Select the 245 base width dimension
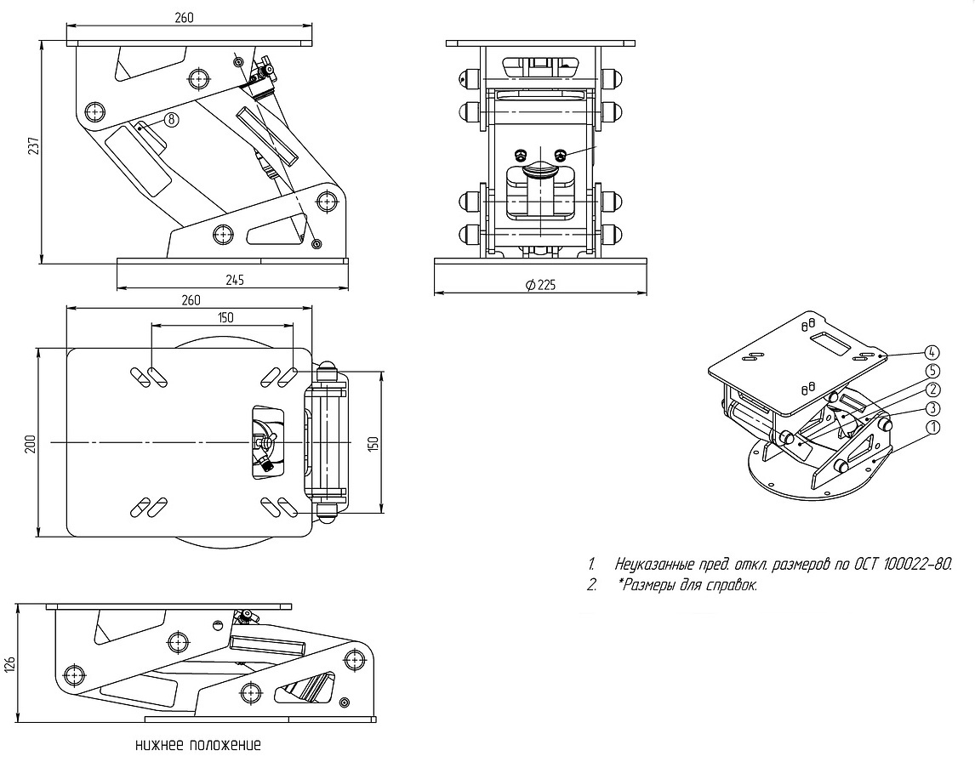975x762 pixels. tap(232, 280)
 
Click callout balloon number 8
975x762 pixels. tap(171, 120)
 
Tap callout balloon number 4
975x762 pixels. tap(932, 352)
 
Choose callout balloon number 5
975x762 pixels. tap(932, 371)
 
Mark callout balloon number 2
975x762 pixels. tap(932, 390)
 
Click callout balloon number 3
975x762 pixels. tap(932, 408)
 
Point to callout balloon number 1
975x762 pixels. tap(932, 427)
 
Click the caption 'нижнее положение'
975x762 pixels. tap(198, 746)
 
